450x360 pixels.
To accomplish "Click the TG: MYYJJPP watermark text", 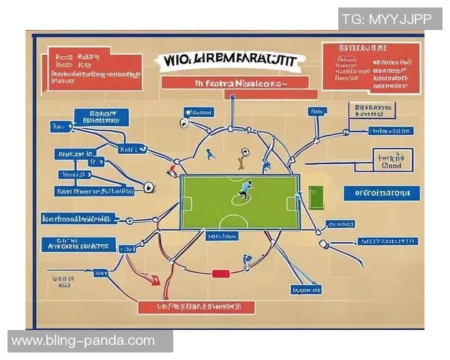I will [390, 19].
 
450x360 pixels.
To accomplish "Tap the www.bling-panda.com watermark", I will [83, 340].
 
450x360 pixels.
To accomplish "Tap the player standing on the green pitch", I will [244, 190].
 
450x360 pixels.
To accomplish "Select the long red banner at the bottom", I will [196, 307].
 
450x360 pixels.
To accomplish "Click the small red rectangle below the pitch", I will [220, 274].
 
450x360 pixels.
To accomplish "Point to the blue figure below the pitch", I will [247, 262].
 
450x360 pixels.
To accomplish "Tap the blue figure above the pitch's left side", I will [211, 154].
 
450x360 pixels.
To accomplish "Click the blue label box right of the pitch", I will [382, 193].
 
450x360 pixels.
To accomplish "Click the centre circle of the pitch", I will [240, 201].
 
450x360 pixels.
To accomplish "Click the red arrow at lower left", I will [154, 280].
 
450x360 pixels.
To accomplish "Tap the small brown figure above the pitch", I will [241, 159].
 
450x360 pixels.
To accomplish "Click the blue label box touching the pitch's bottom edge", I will [222, 235].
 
